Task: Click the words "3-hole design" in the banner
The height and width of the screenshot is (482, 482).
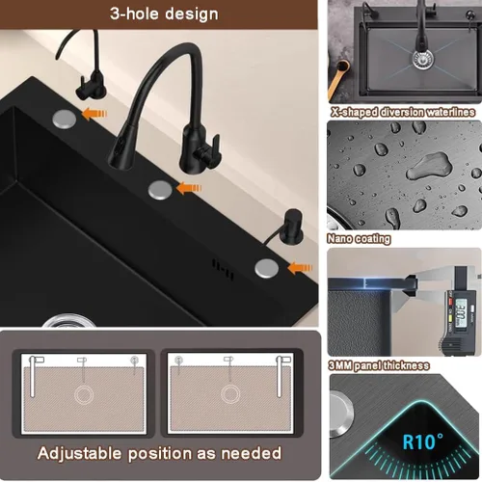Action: [x=164, y=14]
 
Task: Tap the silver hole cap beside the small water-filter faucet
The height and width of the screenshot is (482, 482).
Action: [x=65, y=119]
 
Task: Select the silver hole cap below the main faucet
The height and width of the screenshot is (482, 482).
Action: [x=160, y=190]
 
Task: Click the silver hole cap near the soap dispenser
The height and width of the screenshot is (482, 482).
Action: [x=267, y=268]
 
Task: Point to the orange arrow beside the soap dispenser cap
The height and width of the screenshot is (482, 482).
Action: [x=300, y=268]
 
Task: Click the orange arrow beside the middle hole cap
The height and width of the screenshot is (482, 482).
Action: [x=189, y=188]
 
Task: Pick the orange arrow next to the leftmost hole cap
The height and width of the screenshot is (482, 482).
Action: [x=94, y=113]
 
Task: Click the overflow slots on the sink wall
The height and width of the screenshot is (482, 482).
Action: [x=223, y=270]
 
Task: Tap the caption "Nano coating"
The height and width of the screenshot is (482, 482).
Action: [x=359, y=239]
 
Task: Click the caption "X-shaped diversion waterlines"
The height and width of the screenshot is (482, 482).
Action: [x=403, y=112]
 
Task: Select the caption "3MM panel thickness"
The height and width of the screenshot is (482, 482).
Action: [x=379, y=365]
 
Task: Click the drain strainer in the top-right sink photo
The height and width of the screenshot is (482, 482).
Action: [x=422, y=59]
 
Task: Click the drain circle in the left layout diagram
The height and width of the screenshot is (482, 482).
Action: [x=84, y=394]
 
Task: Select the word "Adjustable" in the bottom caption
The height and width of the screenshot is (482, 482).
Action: [x=80, y=454]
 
